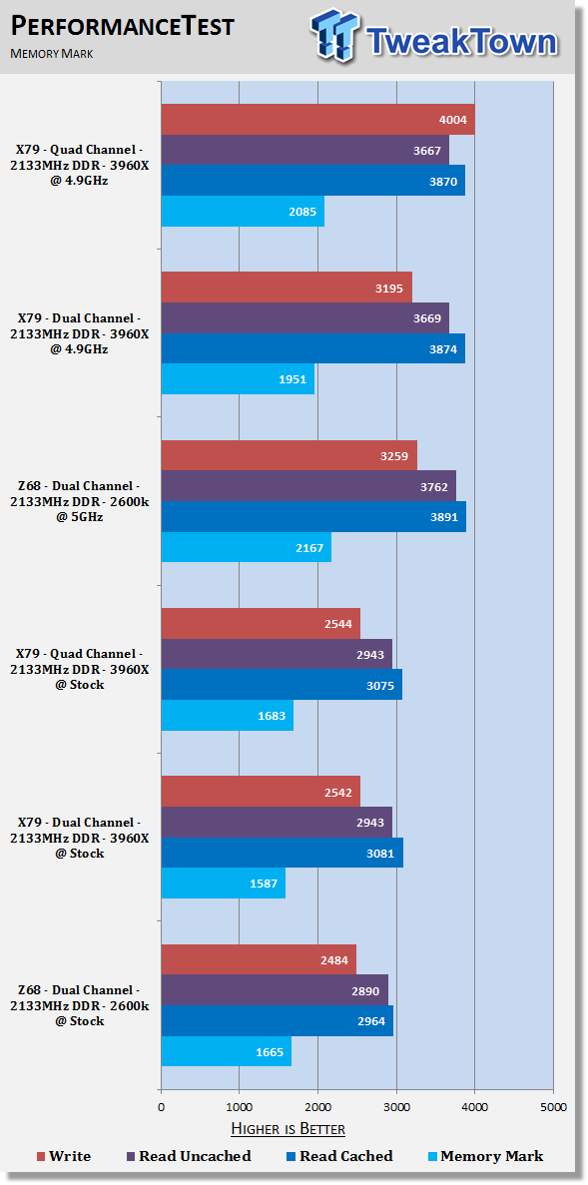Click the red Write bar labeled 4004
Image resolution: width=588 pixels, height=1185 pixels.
[x=318, y=120]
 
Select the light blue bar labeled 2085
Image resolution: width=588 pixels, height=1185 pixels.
[x=243, y=212]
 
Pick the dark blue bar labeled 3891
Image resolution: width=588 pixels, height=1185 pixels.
[x=313, y=517]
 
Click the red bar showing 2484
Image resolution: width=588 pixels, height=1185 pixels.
[x=259, y=959]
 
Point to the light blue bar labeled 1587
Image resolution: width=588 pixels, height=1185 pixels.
[x=224, y=883]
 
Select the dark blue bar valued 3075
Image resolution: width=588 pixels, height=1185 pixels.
[x=282, y=685]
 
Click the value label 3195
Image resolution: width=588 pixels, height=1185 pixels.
[x=391, y=288]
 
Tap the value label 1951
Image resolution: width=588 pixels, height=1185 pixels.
[x=294, y=379]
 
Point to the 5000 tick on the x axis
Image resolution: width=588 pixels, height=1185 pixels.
[x=552, y=1108]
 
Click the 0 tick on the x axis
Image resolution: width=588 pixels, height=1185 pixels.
[x=161, y=1108]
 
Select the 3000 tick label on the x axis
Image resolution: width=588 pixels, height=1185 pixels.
[x=396, y=1108]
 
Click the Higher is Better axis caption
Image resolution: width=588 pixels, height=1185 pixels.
[x=288, y=1130]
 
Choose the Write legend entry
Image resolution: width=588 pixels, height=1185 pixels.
[x=64, y=1156]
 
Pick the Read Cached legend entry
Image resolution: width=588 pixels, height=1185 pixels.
[x=339, y=1156]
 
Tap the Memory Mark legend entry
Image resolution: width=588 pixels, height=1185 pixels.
[x=485, y=1156]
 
